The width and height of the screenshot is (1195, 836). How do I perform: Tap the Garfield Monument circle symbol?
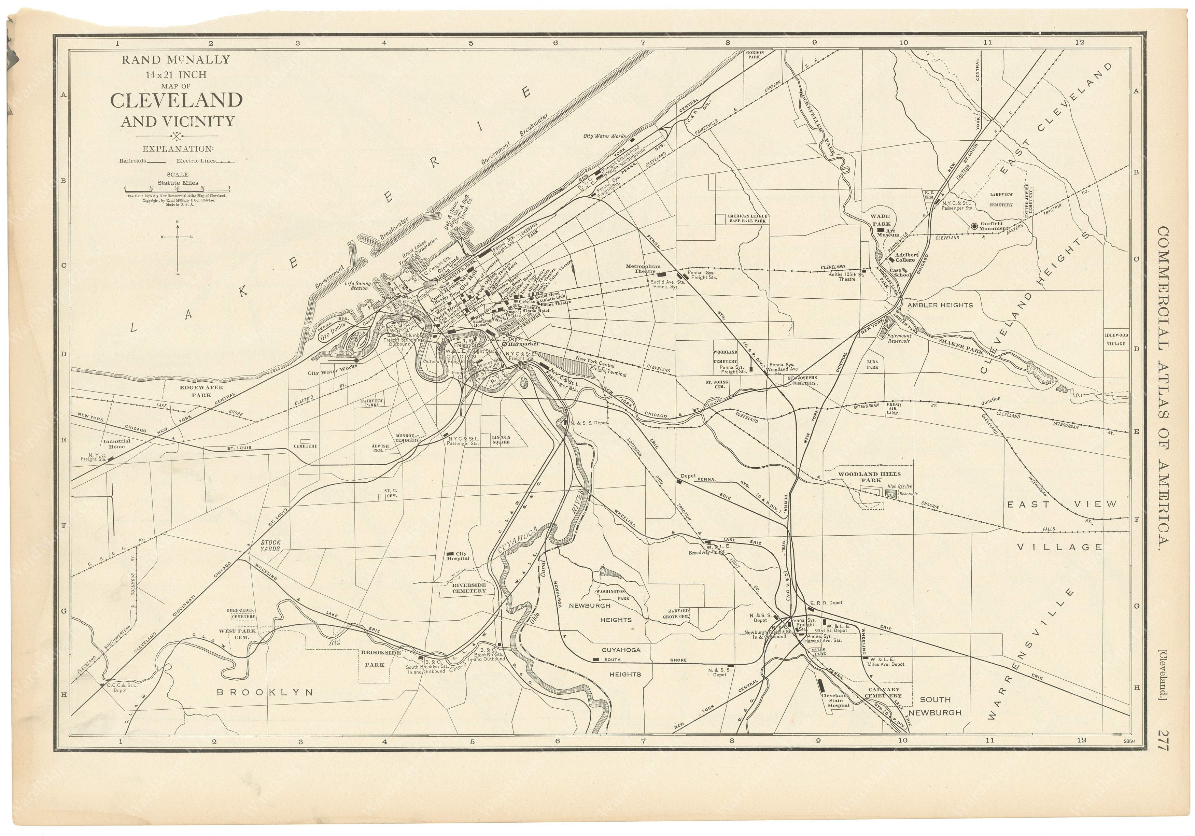(974, 226)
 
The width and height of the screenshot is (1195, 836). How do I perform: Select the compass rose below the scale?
(178, 237)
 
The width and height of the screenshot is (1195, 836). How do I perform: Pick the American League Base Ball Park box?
(741, 218)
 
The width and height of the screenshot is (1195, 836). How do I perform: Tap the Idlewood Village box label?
(1116, 339)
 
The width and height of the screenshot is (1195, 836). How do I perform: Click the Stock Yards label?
(271, 545)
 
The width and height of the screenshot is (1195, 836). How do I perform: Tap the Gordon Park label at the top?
(754, 55)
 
